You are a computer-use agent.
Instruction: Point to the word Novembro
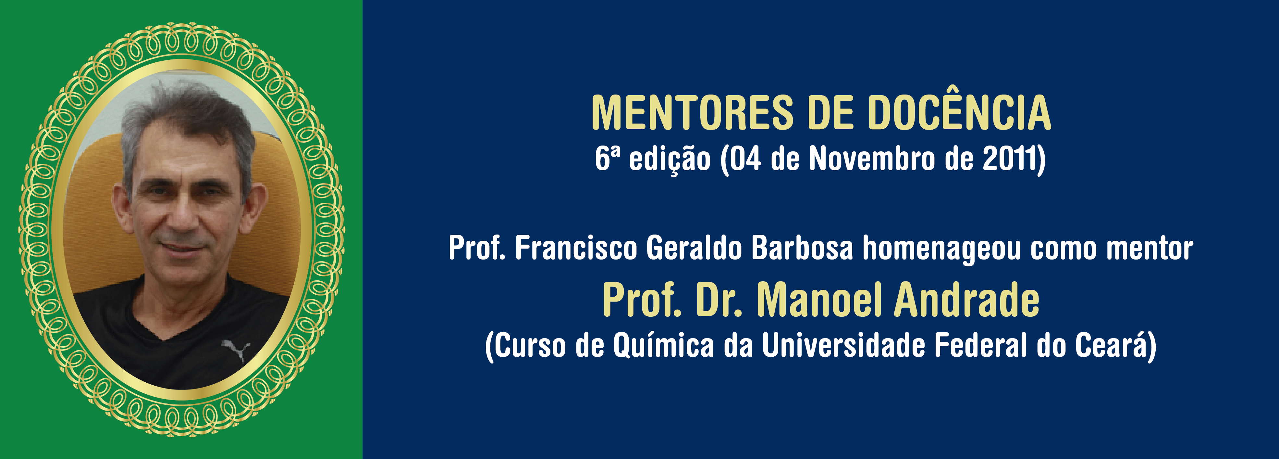click(x=872, y=159)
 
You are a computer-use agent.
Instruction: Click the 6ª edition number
click(x=607, y=159)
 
